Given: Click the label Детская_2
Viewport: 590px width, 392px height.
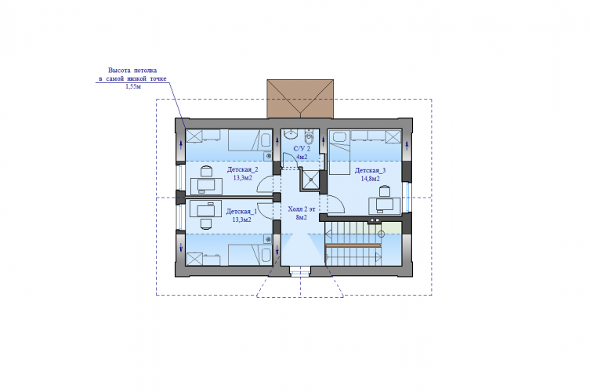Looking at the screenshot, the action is pyautogui.click(x=242, y=170).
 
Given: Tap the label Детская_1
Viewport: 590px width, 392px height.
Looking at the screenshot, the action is pyautogui.click(x=241, y=212).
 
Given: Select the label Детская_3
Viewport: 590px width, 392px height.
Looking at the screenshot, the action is pyautogui.click(x=371, y=171).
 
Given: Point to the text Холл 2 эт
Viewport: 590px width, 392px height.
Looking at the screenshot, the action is pyautogui.click(x=302, y=209).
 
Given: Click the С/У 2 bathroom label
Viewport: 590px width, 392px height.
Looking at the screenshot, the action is pyautogui.click(x=302, y=149).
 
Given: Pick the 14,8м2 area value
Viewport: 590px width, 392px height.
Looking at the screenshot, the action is pyautogui.click(x=371, y=179).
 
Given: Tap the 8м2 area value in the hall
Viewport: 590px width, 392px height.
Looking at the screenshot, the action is pyautogui.click(x=302, y=217).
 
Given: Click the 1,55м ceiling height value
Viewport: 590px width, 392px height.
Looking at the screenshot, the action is pyautogui.click(x=133, y=86).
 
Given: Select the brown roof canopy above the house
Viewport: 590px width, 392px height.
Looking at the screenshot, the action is pyautogui.click(x=300, y=99).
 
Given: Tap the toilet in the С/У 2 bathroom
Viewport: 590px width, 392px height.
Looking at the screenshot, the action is pyautogui.click(x=309, y=137).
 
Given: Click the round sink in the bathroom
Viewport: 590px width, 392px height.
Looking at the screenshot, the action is pyautogui.click(x=290, y=134).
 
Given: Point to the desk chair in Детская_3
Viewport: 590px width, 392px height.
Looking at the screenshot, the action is pyautogui.click(x=384, y=191).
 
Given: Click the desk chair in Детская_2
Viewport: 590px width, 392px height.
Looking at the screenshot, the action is pyautogui.click(x=206, y=172).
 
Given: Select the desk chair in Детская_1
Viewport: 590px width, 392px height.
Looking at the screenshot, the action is pyautogui.click(x=205, y=223).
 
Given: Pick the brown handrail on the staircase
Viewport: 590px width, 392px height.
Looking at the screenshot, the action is pyautogui.click(x=353, y=245).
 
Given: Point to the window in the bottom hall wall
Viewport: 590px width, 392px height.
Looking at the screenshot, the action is pyautogui.click(x=300, y=270).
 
